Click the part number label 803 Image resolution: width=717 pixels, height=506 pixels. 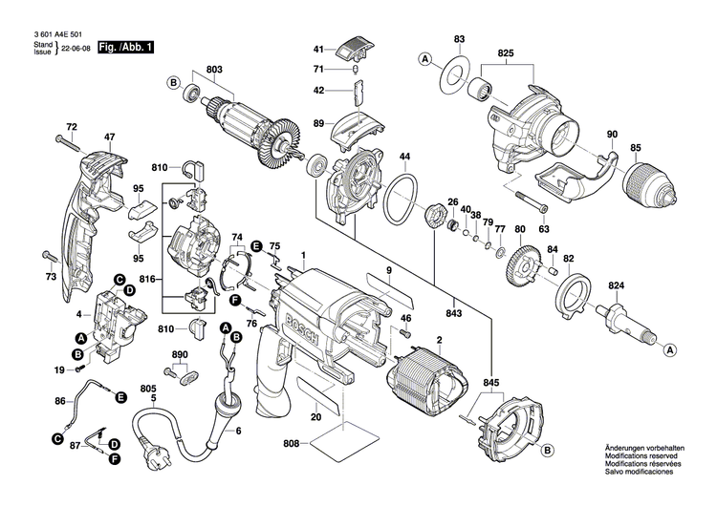pos(213,69)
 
